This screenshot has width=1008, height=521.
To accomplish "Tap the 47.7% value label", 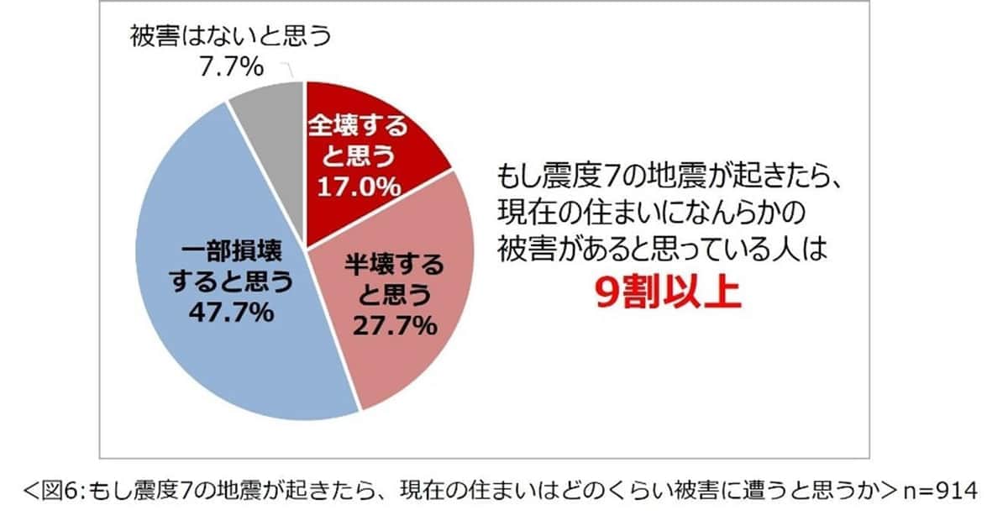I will [x=232, y=313].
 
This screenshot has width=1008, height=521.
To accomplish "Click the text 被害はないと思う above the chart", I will [x=232, y=37].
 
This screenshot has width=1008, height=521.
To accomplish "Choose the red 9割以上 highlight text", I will [x=669, y=294].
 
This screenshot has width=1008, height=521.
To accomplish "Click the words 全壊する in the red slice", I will [x=358, y=128].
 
